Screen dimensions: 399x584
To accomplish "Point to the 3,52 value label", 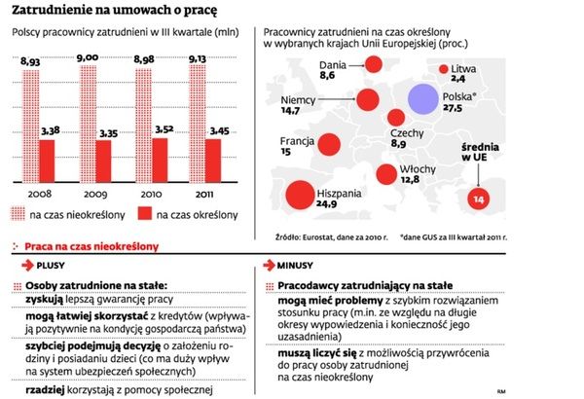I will [x=168, y=127].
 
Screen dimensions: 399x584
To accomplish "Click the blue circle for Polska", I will [x=424, y=99].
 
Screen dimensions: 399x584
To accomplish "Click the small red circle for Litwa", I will [x=446, y=69].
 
